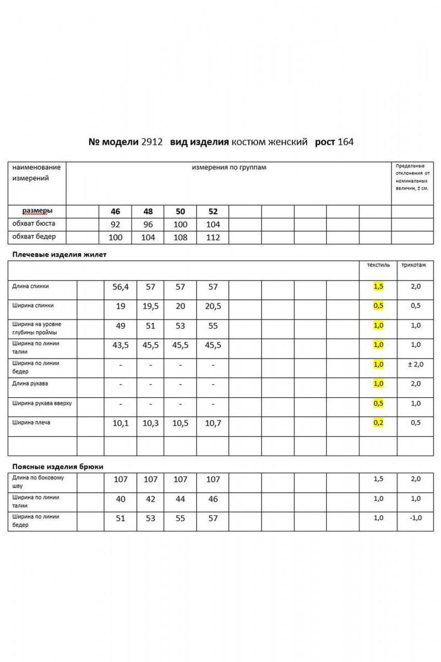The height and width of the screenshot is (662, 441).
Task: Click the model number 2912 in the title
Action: (x=152, y=142)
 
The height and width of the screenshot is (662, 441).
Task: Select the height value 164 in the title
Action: (x=346, y=142)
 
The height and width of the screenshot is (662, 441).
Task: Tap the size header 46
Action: (x=115, y=212)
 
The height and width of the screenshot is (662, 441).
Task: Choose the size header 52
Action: (x=213, y=212)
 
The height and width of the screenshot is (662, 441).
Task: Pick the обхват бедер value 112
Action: (x=213, y=238)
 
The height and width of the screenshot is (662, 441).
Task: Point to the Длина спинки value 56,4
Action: (x=120, y=287)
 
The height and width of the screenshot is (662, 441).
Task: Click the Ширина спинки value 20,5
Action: (x=213, y=306)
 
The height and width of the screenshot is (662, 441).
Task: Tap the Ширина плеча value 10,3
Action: (x=150, y=423)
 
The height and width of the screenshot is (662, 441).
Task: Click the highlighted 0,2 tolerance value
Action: (x=378, y=423)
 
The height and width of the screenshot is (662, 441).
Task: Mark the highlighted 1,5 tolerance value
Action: (x=378, y=287)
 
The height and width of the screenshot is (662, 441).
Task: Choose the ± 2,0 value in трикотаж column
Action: (x=415, y=365)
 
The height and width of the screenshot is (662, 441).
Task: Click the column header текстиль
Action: (x=378, y=265)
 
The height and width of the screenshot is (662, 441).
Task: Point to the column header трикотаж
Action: (x=413, y=265)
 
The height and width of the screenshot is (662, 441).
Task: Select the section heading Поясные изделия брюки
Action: (x=58, y=466)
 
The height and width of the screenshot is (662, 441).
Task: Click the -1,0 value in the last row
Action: (x=415, y=518)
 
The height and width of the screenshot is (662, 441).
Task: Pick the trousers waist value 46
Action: (x=213, y=499)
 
